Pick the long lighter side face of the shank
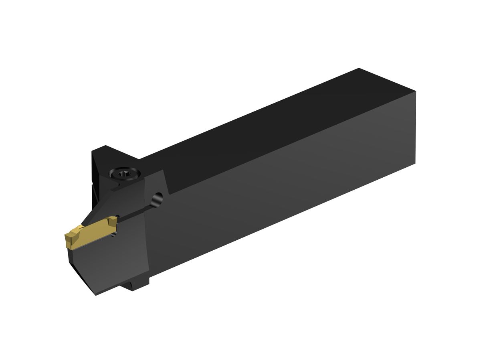(x=281, y=201)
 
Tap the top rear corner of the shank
(x=358, y=69)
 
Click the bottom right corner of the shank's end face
(x=415, y=162)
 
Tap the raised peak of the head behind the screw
(x=105, y=146)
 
